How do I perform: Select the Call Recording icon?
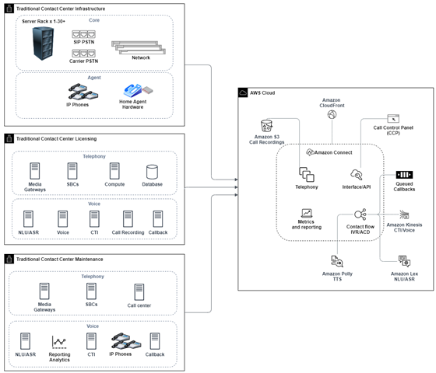(x=128, y=217)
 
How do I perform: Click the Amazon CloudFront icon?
(x=332, y=115)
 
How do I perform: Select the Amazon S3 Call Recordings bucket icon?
(x=267, y=127)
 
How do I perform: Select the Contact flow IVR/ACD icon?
(x=360, y=214)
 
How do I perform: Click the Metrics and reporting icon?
(x=306, y=212)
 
